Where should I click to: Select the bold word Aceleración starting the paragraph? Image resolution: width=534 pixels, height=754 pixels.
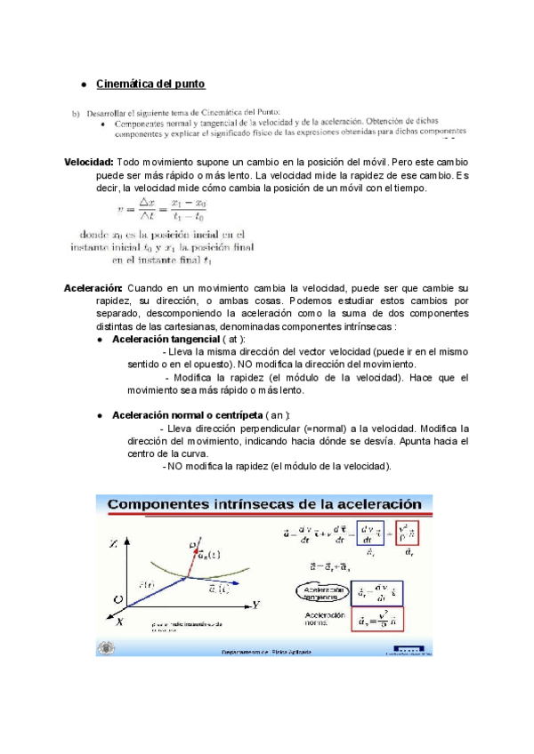93,288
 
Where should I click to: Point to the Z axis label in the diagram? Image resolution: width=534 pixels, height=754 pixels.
111,542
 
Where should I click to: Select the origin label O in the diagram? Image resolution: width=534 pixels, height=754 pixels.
116,601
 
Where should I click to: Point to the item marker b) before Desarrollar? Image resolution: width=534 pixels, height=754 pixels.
77,113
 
